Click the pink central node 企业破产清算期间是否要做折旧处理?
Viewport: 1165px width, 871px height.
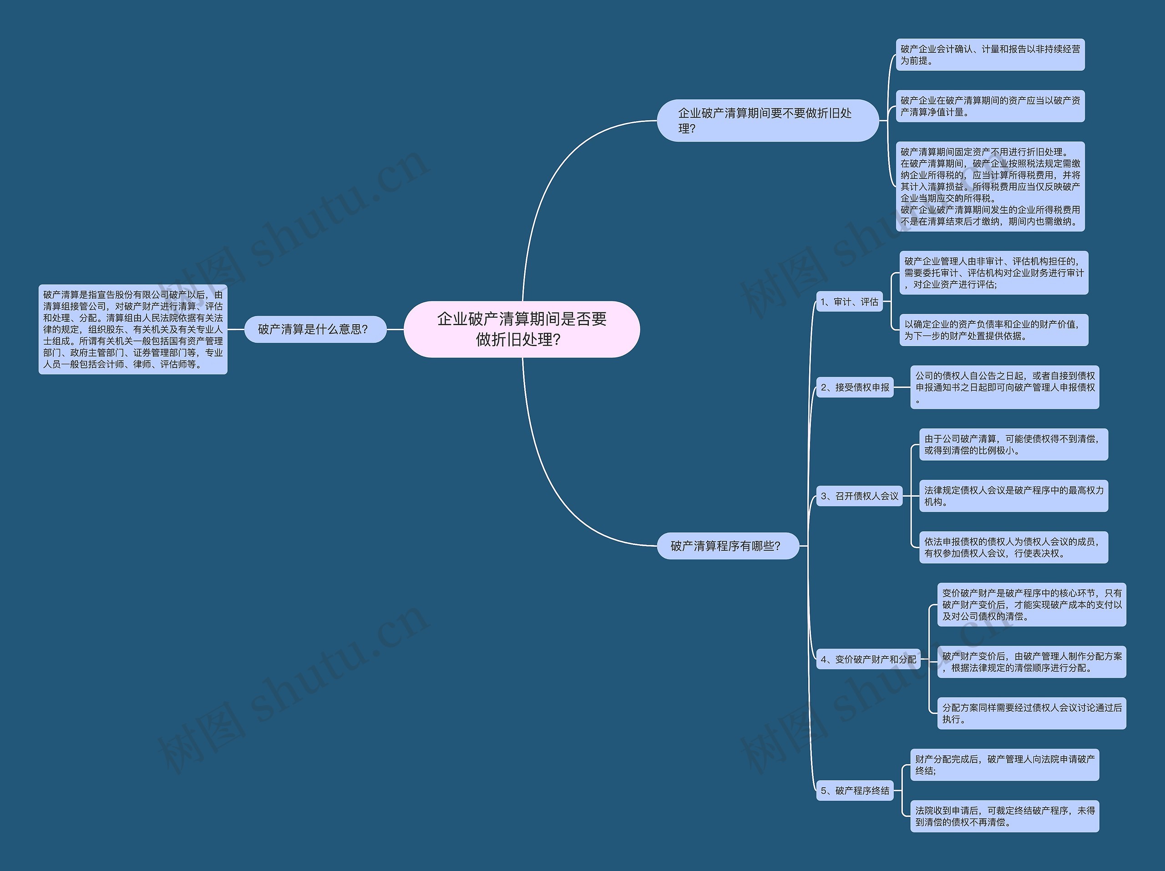[x=522, y=329]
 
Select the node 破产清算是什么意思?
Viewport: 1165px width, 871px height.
[x=315, y=329]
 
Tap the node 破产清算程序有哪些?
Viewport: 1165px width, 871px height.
[x=727, y=546]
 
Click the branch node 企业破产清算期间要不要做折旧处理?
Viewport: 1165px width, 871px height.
[x=767, y=121]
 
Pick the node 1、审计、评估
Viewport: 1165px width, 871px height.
[x=849, y=302]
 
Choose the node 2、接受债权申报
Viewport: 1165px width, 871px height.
[x=854, y=387]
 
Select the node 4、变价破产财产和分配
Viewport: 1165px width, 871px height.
[x=868, y=659]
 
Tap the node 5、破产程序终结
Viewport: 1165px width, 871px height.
[x=854, y=790]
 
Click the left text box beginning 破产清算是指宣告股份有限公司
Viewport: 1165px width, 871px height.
[x=133, y=329]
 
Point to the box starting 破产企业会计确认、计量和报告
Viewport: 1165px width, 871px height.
[x=990, y=55]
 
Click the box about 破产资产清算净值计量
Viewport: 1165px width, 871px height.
[x=990, y=106]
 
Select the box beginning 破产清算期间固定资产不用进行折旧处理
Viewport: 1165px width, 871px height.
[x=990, y=187]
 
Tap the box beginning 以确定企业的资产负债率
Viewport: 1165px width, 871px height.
[x=993, y=330]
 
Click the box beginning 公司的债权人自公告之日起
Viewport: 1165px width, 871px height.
[x=1004, y=387]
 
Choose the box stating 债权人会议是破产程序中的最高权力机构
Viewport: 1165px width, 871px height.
[x=1013, y=496]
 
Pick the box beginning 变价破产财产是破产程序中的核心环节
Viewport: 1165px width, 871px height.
[x=1031, y=604]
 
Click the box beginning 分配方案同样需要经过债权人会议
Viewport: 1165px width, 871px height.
[x=1031, y=713]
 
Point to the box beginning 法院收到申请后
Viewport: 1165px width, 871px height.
[x=1004, y=816]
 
